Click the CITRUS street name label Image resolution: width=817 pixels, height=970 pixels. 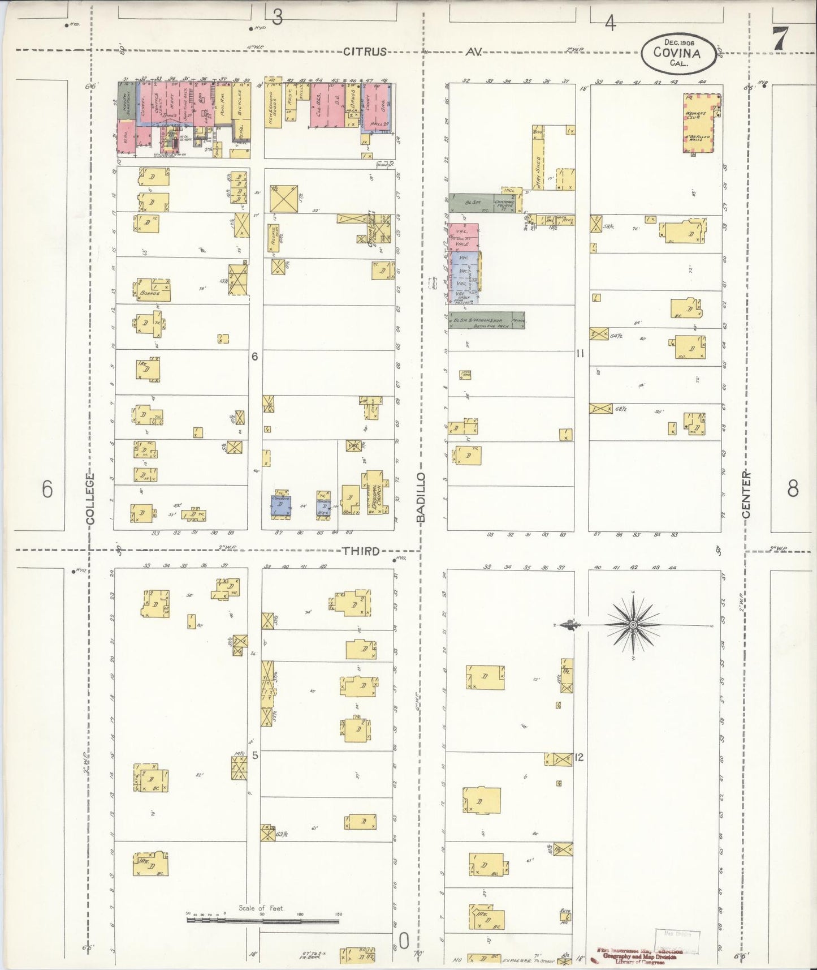point(365,52)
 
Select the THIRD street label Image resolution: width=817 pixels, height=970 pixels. point(360,551)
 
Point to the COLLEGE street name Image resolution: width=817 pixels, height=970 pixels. point(90,499)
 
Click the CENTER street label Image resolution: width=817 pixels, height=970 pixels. point(746,495)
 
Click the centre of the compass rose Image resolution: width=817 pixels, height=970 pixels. point(633,625)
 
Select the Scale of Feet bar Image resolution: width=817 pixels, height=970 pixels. point(263,921)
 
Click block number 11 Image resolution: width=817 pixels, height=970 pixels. point(580,354)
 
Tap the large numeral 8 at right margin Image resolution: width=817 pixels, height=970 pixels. point(793,488)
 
